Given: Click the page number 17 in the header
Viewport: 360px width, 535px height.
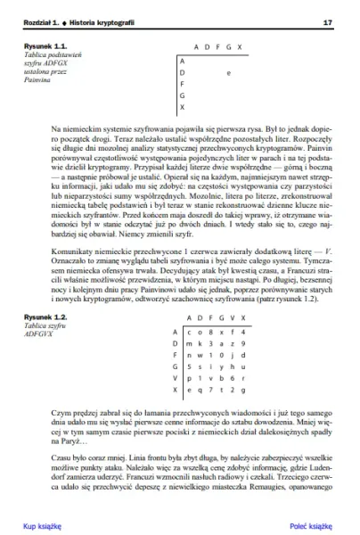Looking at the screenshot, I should coord(327,21).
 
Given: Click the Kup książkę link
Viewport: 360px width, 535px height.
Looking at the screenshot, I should coord(43,527).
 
